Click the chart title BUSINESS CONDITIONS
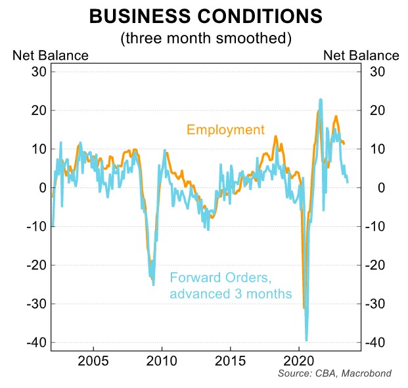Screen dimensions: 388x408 coord(205,16)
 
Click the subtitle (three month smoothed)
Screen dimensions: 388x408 coord(205,38)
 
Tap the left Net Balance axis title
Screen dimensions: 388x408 coord(50,56)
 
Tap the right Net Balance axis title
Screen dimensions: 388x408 coord(361,56)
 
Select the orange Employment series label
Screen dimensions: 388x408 coord(225,130)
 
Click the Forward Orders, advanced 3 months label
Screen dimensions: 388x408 coord(230,286)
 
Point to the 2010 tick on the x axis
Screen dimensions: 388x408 coord(162,361)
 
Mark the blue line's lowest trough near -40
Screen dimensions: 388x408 coord(306,340)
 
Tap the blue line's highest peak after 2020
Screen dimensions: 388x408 coord(320,100)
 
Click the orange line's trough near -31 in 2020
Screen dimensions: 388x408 coord(304,307)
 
